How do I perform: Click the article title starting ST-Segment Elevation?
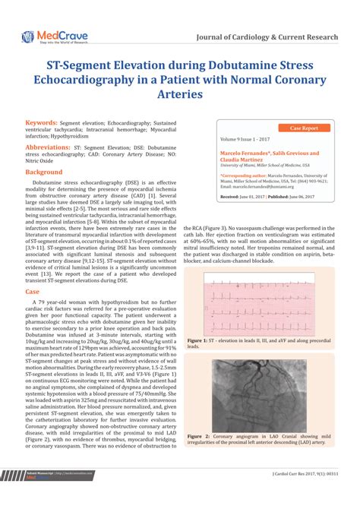point(179,79)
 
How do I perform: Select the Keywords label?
point(43,122)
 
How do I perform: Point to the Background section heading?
point(46,172)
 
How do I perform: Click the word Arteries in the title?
point(179,95)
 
